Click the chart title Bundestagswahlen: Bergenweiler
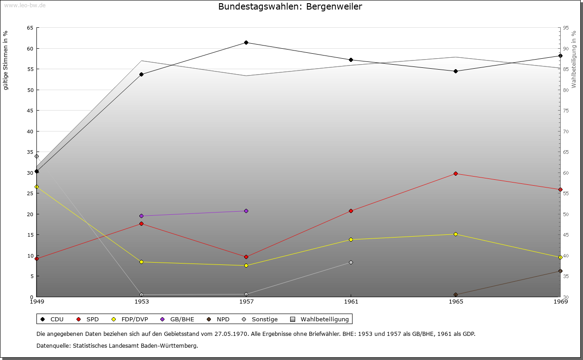tap(290, 6)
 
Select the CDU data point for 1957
tap(246, 43)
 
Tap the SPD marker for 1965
tap(455, 174)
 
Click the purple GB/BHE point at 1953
tap(141, 216)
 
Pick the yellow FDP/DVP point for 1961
tap(351, 240)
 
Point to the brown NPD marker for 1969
tap(560, 271)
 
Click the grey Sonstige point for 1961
tap(351, 263)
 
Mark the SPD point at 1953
tap(141, 224)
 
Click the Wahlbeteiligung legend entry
tap(324, 319)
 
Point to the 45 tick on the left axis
tap(30, 111)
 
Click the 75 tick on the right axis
tap(566, 111)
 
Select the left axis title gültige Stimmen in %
tap(6, 60)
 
